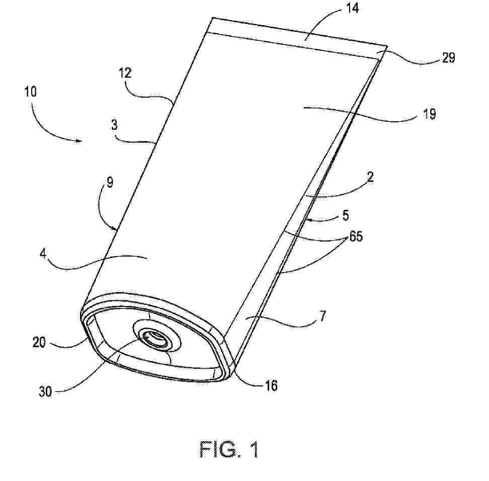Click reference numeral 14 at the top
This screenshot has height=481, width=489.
point(352,9)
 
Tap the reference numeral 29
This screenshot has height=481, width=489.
point(449,58)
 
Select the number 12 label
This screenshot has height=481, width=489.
point(125,73)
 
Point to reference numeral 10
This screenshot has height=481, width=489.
point(31,92)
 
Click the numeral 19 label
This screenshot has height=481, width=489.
point(430,115)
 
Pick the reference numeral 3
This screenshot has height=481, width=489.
point(115,125)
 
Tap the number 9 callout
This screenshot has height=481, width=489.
point(110,182)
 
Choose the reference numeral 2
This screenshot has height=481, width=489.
point(370,178)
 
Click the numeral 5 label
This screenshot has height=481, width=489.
point(346,215)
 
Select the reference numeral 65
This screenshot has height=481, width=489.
point(356,236)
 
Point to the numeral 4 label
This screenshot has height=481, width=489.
point(43,254)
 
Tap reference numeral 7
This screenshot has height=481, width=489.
point(322,316)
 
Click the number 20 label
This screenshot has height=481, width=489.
point(39,343)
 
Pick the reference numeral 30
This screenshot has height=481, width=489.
point(45,391)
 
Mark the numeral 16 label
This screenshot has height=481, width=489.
point(271,386)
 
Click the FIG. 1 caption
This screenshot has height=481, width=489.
point(229,449)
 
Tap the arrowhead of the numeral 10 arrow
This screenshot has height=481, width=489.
point(79,141)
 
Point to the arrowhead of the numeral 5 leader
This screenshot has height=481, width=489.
point(308,219)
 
